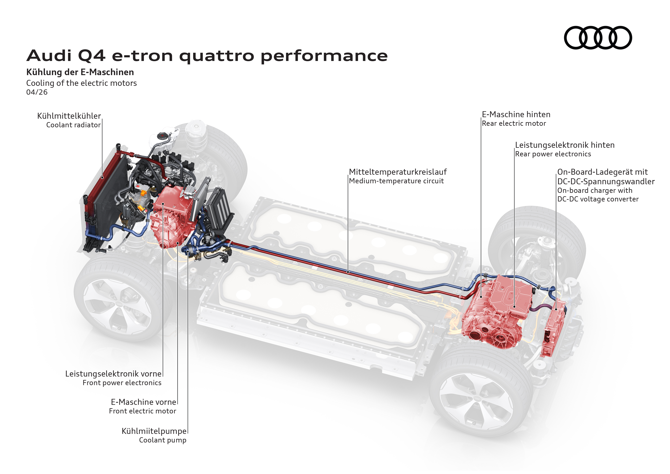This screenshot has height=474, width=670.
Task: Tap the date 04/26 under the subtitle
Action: tap(37, 92)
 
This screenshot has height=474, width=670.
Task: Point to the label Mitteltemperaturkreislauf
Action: tap(398, 172)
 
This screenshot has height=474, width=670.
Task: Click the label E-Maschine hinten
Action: tap(516, 114)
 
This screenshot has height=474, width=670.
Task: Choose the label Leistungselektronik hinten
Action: tap(565, 145)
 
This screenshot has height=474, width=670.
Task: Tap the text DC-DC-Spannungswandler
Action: tap(606, 182)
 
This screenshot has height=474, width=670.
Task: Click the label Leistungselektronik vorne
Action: tap(113, 374)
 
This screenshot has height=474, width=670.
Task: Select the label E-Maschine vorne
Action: tap(144, 402)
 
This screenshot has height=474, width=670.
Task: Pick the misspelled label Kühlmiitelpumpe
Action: tap(154, 431)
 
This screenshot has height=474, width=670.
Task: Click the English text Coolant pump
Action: tap(163, 440)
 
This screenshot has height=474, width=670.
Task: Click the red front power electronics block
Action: tap(172, 201)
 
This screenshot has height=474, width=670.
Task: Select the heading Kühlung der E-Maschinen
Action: tap(80, 72)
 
